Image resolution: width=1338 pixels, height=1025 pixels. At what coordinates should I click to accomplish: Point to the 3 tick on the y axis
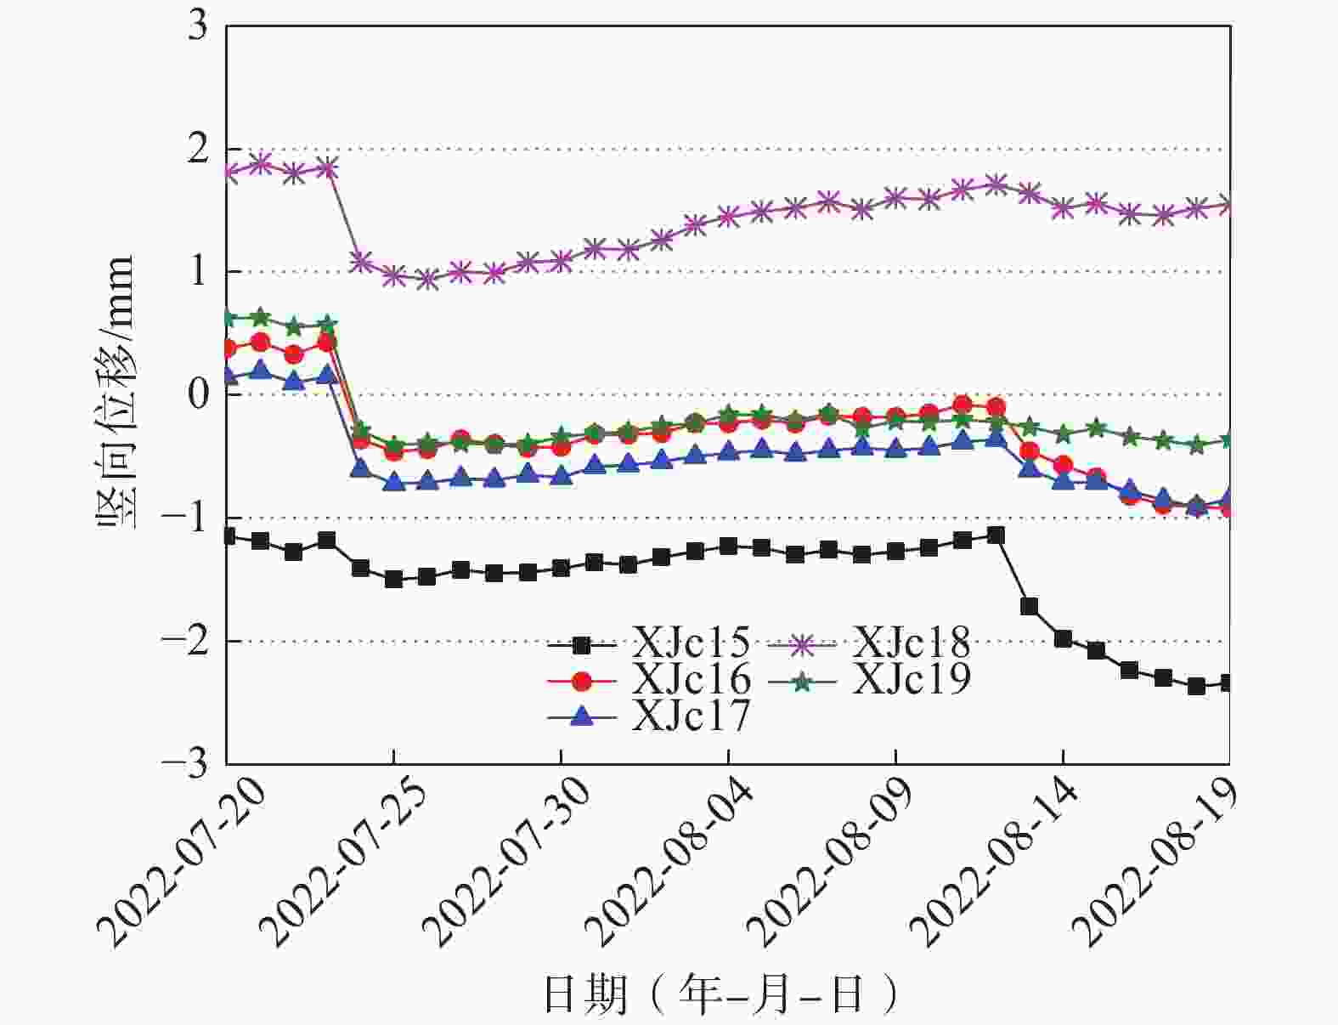point(197,26)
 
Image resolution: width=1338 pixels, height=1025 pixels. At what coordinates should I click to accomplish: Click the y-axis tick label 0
point(197,395)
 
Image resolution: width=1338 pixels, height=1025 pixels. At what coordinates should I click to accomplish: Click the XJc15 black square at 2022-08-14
point(1063,639)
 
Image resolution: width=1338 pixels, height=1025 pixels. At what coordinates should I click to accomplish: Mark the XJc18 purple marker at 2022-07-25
point(393,275)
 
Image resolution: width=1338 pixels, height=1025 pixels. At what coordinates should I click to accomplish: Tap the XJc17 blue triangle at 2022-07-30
point(561,475)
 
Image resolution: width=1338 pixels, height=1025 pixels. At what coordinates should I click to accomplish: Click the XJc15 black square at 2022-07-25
point(393,580)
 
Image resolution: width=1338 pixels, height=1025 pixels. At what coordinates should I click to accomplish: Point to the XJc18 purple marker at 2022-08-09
point(895,198)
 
